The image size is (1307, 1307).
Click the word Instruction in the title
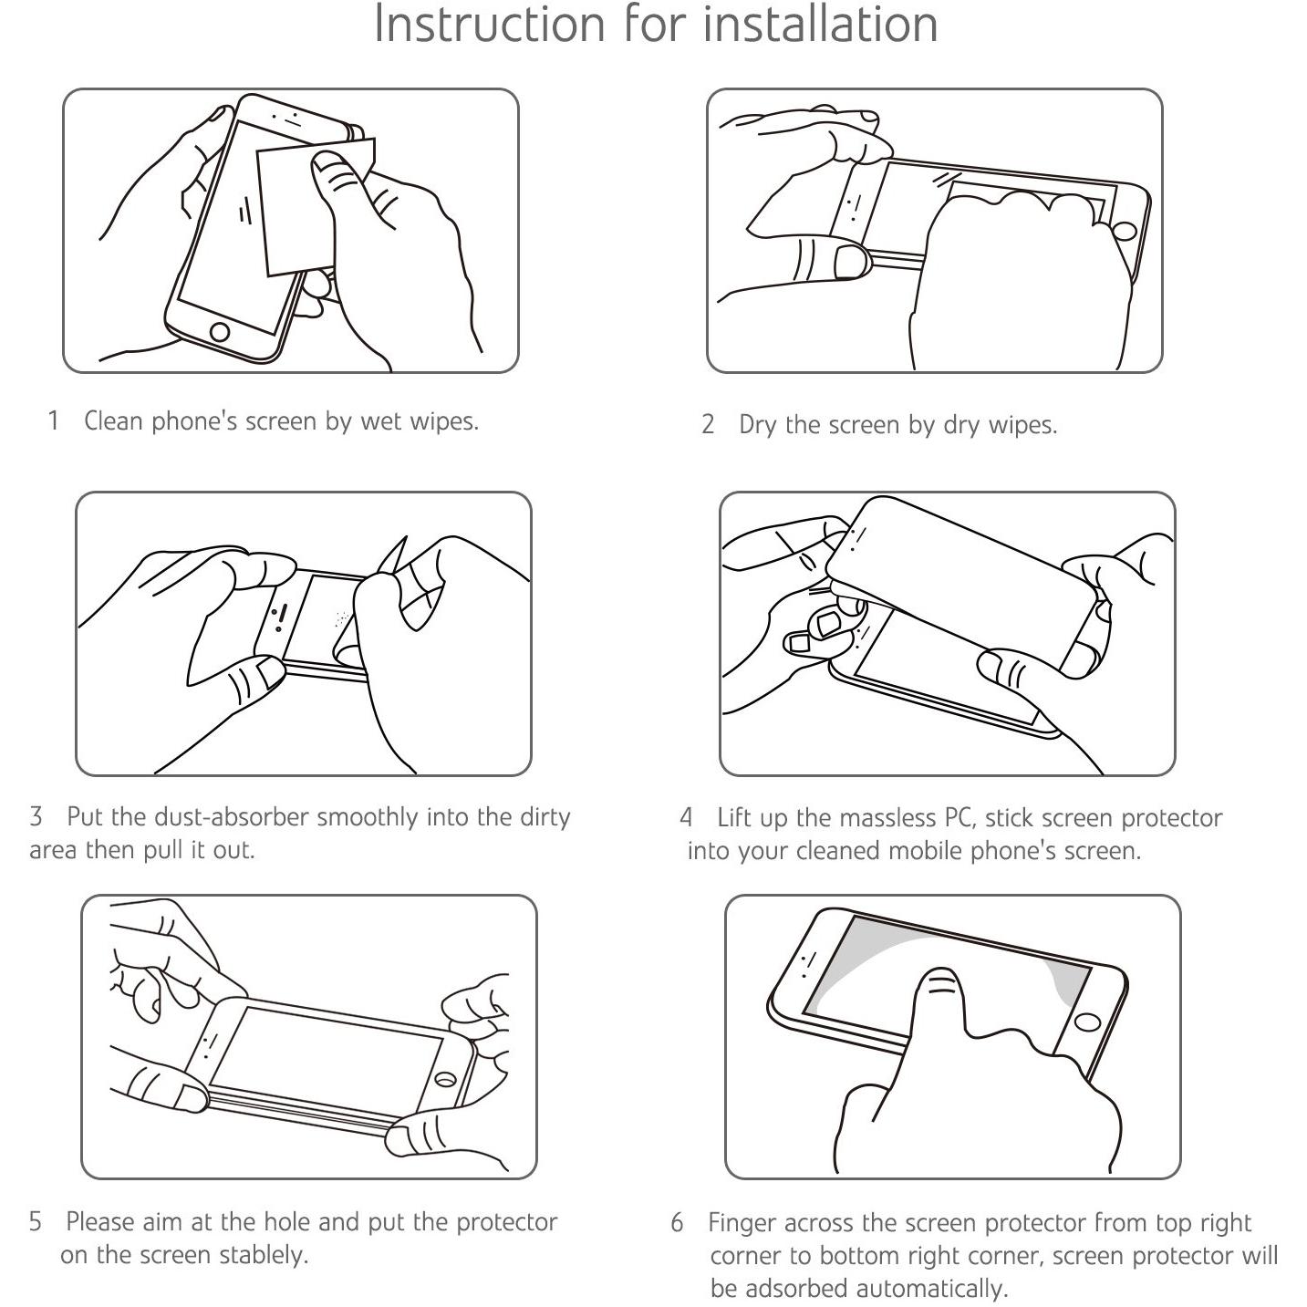490,25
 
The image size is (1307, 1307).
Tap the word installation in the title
821,25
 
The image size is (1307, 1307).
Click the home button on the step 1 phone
219,332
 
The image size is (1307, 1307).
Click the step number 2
708,425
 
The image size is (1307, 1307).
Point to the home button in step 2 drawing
1124,231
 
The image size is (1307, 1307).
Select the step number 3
36,816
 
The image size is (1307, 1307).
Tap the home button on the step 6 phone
1088,1022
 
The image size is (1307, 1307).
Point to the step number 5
36,1222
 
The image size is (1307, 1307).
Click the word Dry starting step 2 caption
758,425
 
